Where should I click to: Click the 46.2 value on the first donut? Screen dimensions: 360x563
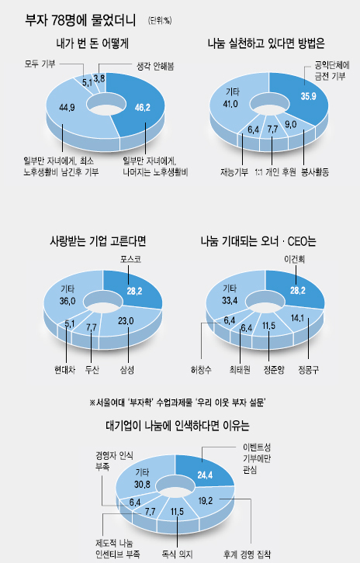click(142, 107)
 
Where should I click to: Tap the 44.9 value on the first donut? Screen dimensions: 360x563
click(67, 107)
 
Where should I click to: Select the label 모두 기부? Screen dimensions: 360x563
click(40, 64)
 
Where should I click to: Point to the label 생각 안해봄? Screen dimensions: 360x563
click(155, 67)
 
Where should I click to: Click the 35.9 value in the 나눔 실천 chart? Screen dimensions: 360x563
click(308, 96)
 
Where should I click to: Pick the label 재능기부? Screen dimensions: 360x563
click(234, 172)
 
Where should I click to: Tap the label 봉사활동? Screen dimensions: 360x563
click(315, 172)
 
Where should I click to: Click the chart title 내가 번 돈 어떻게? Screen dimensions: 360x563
click(92, 43)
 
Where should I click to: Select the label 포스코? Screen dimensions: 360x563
click(130, 259)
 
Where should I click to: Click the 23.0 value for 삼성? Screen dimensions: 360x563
click(126, 320)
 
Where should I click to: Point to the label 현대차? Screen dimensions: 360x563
click(64, 370)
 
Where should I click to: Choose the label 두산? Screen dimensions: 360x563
click(92, 370)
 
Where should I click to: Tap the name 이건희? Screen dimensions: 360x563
click(294, 259)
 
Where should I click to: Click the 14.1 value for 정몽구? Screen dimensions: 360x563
click(297, 318)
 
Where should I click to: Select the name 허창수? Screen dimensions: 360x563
click(201, 370)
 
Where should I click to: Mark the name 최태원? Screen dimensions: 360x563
click(240, 370)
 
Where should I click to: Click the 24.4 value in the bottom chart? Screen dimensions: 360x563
click(205, 475)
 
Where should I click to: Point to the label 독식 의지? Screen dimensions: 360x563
click(177, 554)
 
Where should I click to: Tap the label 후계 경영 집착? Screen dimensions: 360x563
click(247, 554)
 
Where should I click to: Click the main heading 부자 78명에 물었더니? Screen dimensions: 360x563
click(81, 20)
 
